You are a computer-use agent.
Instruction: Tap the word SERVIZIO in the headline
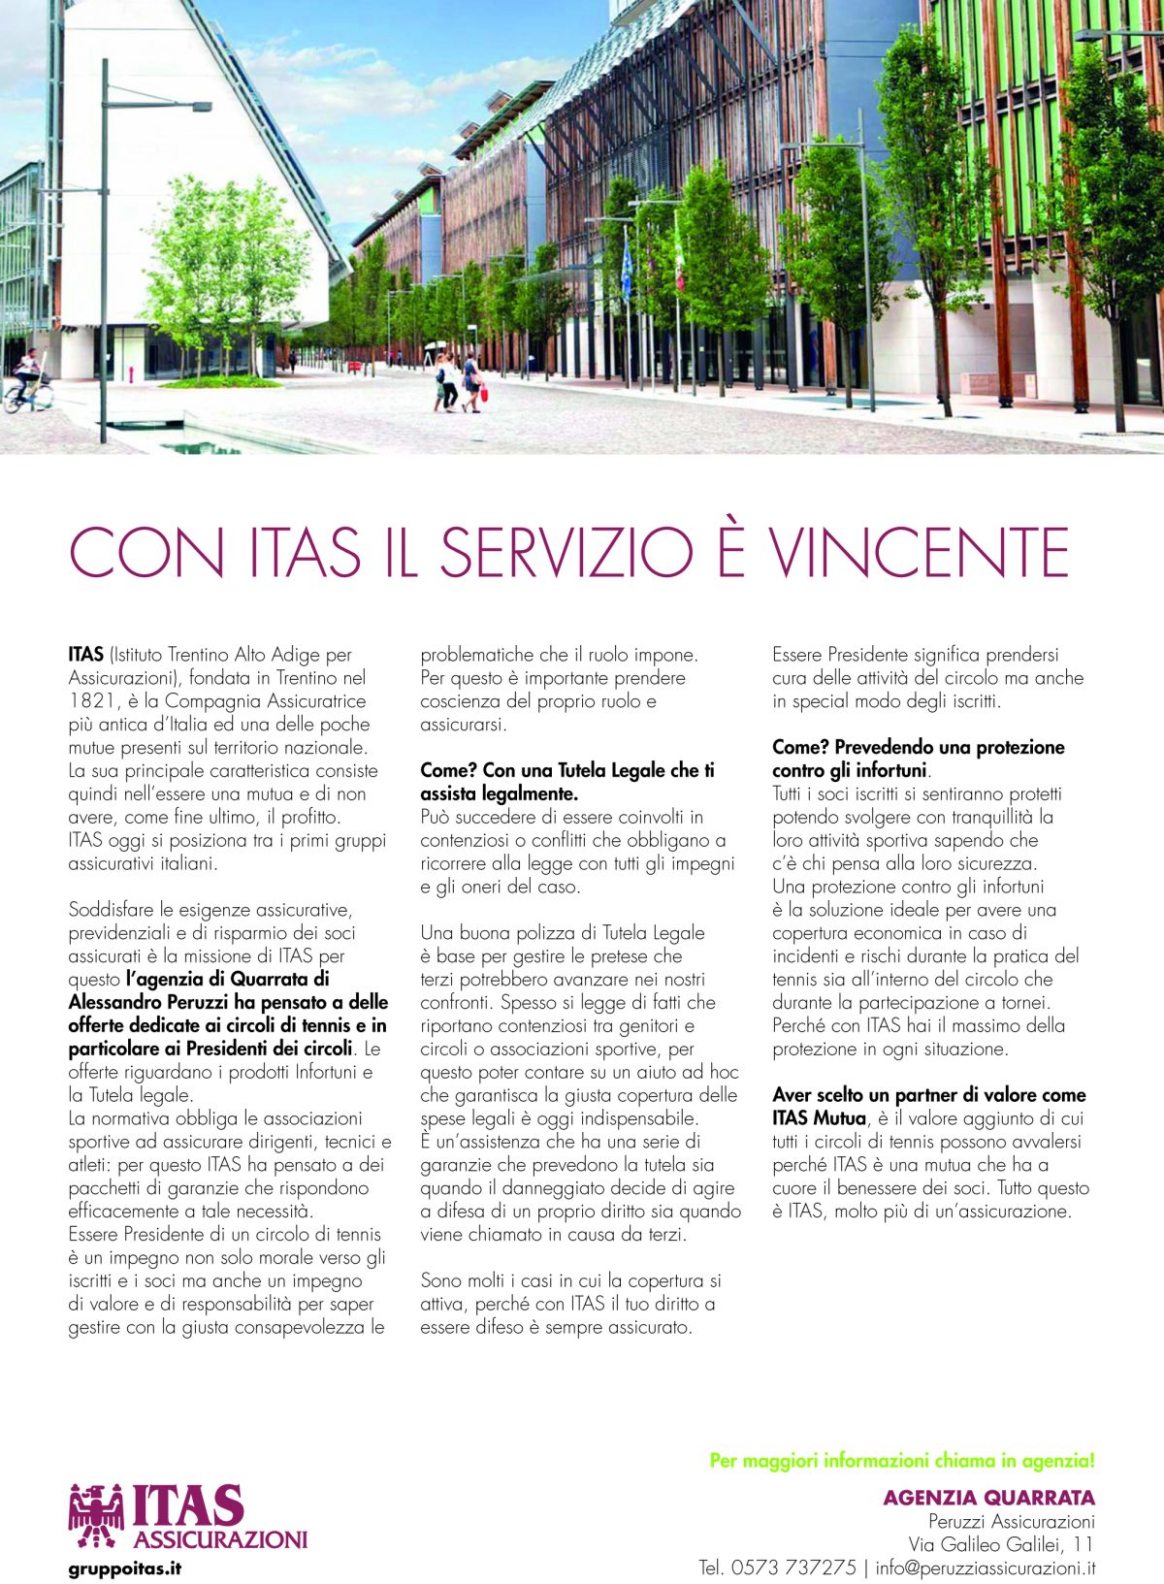[x=566, y=552]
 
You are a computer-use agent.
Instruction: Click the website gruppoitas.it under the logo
[x=125, y=1568]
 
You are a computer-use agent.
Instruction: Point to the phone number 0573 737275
[x=792, y=1568]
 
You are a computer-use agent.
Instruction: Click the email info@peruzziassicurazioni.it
[x=985, y=1568]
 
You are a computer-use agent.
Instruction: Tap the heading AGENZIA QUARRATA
[x=988, y=1498]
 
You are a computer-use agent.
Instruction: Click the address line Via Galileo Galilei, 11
[x=1001, y=1544]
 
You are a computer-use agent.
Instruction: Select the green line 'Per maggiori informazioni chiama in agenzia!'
[x=902, y=1460]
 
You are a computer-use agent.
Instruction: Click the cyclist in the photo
[x=27, y=380]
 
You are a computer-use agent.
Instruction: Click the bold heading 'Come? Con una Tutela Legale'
[x=566, y=771]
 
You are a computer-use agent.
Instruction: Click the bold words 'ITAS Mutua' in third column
[x=819, y=1118]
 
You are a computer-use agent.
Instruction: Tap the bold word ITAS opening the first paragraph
[x=85, y=655]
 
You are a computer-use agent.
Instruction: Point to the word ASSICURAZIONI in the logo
[x=220, y=1539]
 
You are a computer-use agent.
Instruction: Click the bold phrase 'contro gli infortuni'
[x=850, y=771]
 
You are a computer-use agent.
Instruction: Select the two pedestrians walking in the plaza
[x=460, y=381]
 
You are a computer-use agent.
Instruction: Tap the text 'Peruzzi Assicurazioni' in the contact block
[x=1011, y=1521]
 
